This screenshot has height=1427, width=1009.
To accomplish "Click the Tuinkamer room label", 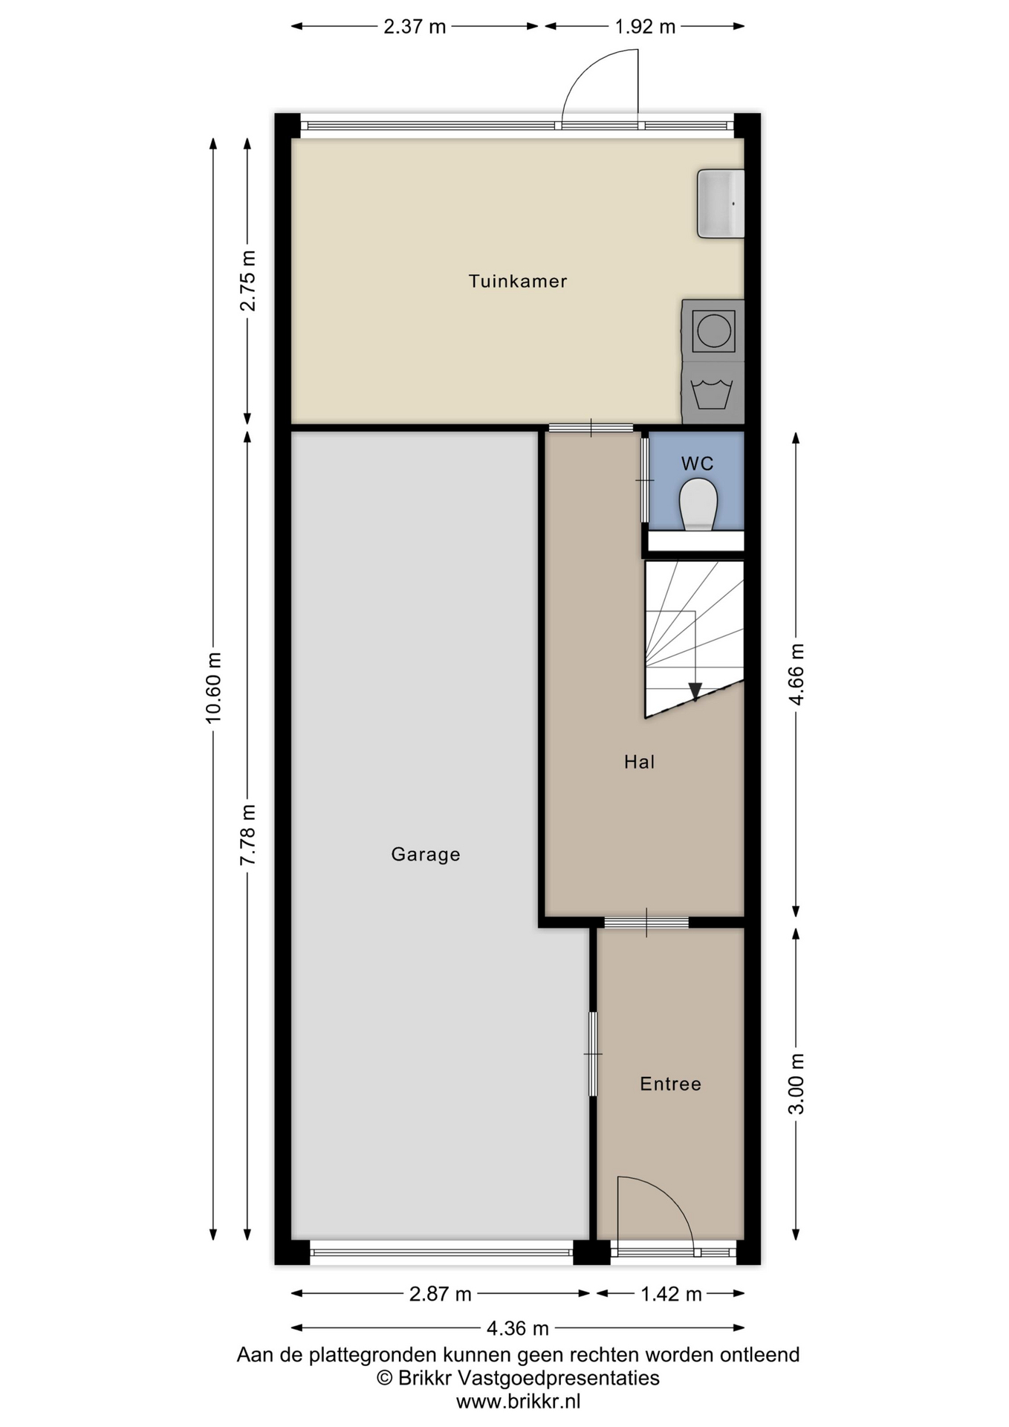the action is coord(517,281).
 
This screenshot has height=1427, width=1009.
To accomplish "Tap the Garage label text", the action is coord(426,855).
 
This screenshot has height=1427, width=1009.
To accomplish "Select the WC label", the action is coord(697,464).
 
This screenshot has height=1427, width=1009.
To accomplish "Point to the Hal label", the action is coord(639,762).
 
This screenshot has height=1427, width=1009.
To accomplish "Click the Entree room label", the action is coord(670,1084).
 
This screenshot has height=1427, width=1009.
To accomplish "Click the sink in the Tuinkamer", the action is coord(720,204).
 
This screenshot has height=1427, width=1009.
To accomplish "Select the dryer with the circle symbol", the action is coord(713,330).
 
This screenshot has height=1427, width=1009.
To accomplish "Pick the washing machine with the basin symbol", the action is coord(713,392).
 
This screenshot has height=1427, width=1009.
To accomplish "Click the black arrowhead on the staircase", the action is coord(695,692).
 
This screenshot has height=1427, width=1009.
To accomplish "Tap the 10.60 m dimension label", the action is coord(214,688).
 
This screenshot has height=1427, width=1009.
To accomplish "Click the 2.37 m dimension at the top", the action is coord(415,27).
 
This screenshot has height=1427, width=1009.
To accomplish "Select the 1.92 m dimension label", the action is coord(644,27).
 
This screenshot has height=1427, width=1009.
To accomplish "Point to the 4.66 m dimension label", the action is coord(797,674).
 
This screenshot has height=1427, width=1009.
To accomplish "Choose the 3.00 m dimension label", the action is coord(797,1084).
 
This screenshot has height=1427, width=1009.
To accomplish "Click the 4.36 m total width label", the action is coord(518,1327).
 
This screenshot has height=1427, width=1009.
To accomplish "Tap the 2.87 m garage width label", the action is coord(441,1294).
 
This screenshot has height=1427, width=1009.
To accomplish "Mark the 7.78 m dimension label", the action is coord(248,835).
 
